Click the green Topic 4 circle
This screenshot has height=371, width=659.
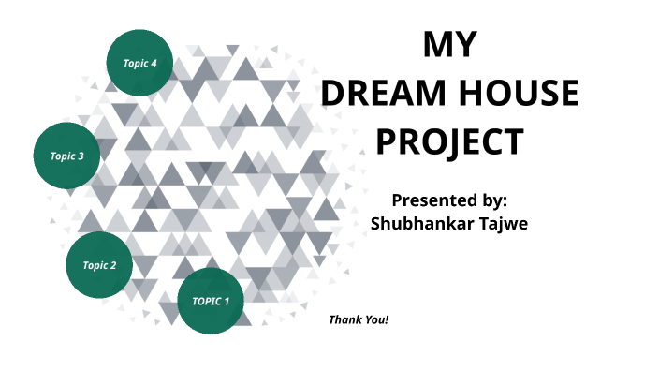point(140,62)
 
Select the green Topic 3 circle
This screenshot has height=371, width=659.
point(67,156)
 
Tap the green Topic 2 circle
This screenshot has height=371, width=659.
point(99,264)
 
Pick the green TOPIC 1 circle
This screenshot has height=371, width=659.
point(211,301)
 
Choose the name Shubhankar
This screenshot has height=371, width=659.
point(416,224)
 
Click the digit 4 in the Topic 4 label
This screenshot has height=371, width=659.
point(154,63)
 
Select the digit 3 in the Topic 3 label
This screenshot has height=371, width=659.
point(81,156)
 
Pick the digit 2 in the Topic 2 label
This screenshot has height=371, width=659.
point(114,265)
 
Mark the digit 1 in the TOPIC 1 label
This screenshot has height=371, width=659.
point(226,302)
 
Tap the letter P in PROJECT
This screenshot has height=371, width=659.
point(387,142)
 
